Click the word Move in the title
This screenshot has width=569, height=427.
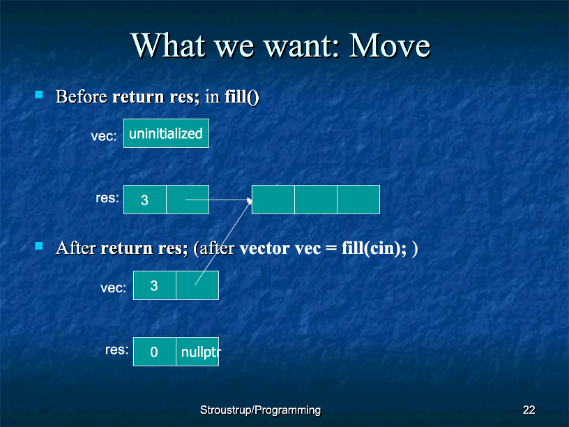[x=389, y=45]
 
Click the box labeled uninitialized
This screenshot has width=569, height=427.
[x=166, y=133]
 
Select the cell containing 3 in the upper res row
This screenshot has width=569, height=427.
[x=145, y=200]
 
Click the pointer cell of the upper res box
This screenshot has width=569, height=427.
[x=188, y=200]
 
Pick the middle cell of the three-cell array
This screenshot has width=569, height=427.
[x=316, y=200]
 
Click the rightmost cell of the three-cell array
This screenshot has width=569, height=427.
[x=358, y=200]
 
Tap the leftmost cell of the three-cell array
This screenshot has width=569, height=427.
[x=273, y=200]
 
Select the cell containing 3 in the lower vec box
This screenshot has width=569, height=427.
[x=155, y=285]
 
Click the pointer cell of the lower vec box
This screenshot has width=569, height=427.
[x=197, y=285]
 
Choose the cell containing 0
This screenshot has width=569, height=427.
[x=155, y=352]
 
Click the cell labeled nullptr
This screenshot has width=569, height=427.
[x=197, y=352]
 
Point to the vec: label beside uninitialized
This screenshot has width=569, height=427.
[x=104, y=136]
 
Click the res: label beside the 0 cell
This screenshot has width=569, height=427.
[x=117, y=350]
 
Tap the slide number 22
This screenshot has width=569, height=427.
[x=529, y=410]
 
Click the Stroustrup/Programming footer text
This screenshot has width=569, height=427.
[x=261, y=410]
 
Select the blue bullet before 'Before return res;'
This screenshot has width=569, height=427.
[x=39, y=95]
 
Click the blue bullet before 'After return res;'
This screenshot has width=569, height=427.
[x=39, y=246]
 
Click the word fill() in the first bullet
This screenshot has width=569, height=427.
[x=242, y=97]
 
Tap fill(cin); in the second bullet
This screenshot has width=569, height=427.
[x=374, y=248]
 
